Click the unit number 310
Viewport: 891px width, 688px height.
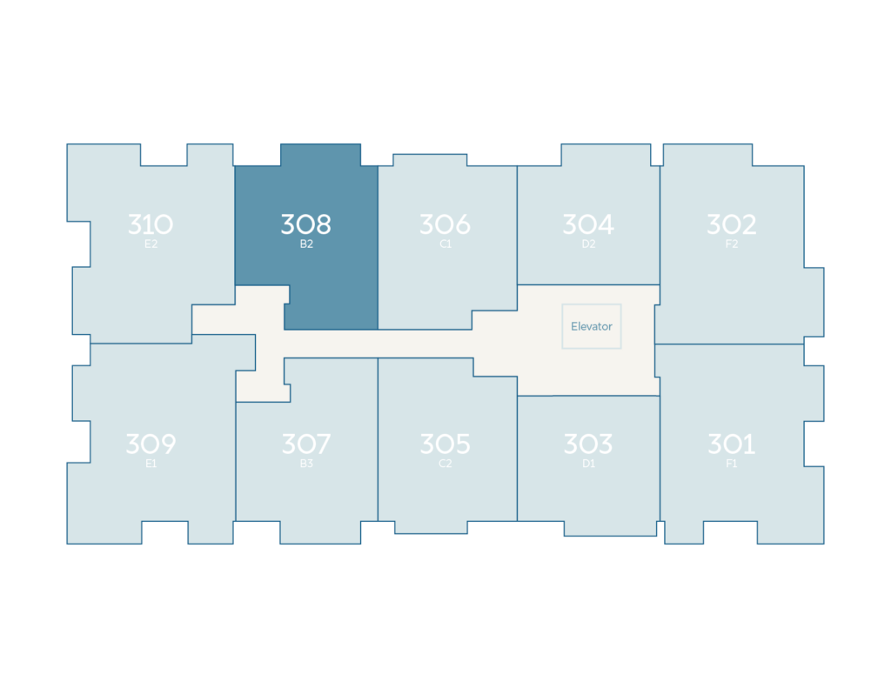(x=151, y=224)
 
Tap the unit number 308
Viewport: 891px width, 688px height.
(x=305, y=224)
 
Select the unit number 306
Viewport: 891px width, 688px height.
(x=445, y=224)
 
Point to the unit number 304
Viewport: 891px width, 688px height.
(x=588, y=224)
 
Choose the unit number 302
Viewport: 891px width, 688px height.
(x=731, y=224)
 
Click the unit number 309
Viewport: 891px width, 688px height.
(x=151, y=444)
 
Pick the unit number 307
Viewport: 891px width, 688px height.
(x=306, y=444)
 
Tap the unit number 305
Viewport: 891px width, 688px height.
(x=445, y=444)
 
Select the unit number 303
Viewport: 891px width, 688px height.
(x=588, y=444)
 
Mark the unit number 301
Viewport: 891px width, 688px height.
(x=731, y=444)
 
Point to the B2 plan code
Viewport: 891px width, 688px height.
(x=306, y=244)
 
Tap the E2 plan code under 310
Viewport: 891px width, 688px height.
(x=151, y=244)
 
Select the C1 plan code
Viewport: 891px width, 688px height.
(x=445, y=244)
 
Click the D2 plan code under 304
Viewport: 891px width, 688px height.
(x=588, y=244)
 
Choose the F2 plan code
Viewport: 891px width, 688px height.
(x=731, y=244)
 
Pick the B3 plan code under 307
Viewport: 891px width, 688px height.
(x=306, y=464)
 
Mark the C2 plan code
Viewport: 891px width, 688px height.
(x=445, y=464)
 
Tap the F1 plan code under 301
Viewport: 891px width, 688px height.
(x=731, y=464)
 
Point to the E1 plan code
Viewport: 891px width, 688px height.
(x=151, y=464)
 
